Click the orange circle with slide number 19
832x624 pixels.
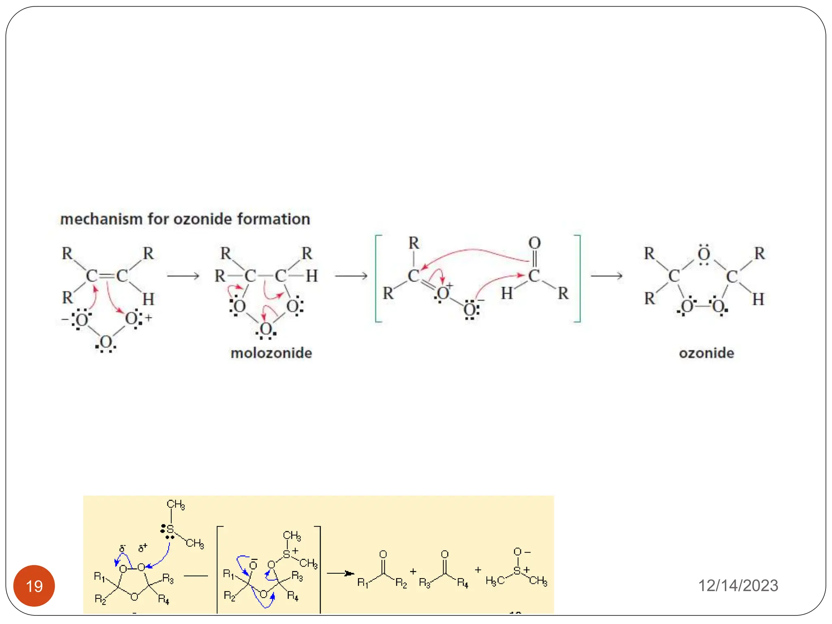[34, 586]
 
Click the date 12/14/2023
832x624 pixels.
[738, 585]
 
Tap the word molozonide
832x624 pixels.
[271, 353]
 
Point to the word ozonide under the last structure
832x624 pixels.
[706, 353]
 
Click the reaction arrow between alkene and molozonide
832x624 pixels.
[183, 276]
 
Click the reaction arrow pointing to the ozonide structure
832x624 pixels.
[607, 276]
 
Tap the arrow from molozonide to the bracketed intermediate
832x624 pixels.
[351, 276]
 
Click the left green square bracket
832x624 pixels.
[378, 278]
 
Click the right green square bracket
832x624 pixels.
[578, 278]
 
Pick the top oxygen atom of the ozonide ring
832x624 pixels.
[704, 254]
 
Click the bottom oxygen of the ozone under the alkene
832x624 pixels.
[106, 342]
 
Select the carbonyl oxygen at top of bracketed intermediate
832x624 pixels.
[534, 243]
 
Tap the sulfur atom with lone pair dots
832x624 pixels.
[170, 529]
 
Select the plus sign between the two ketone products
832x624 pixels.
[413, 572]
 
